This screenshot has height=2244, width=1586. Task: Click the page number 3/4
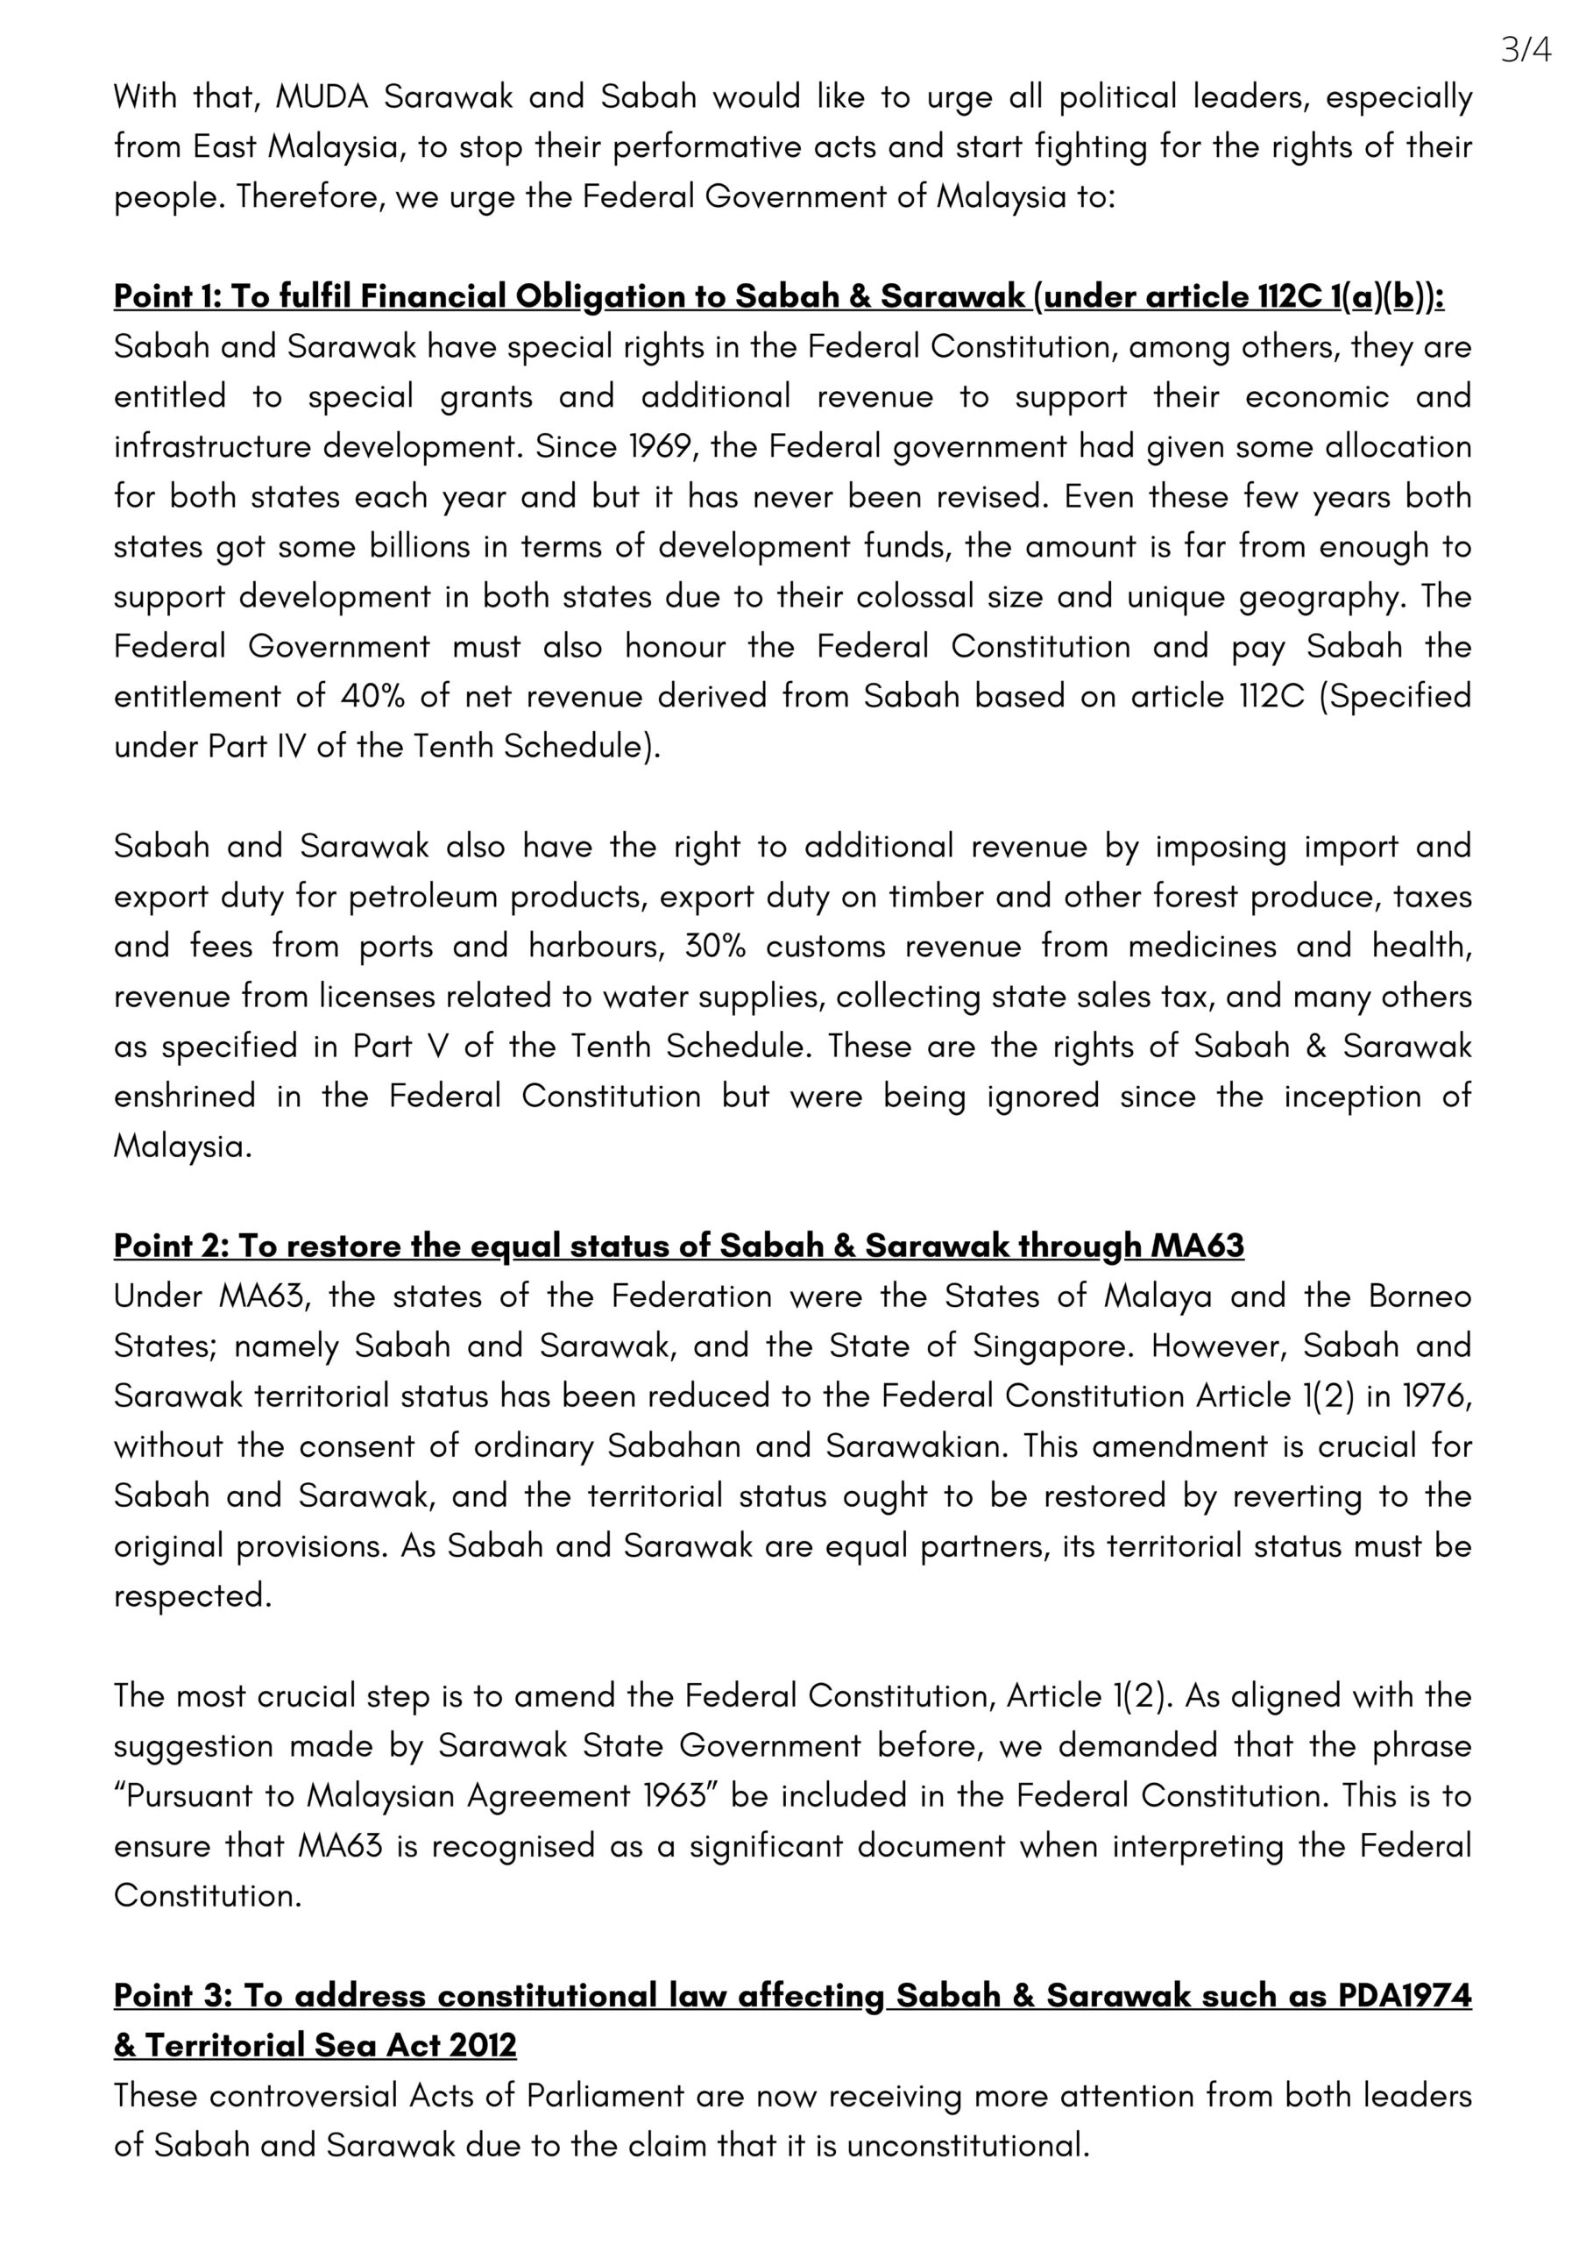(x=1526, y=50)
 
